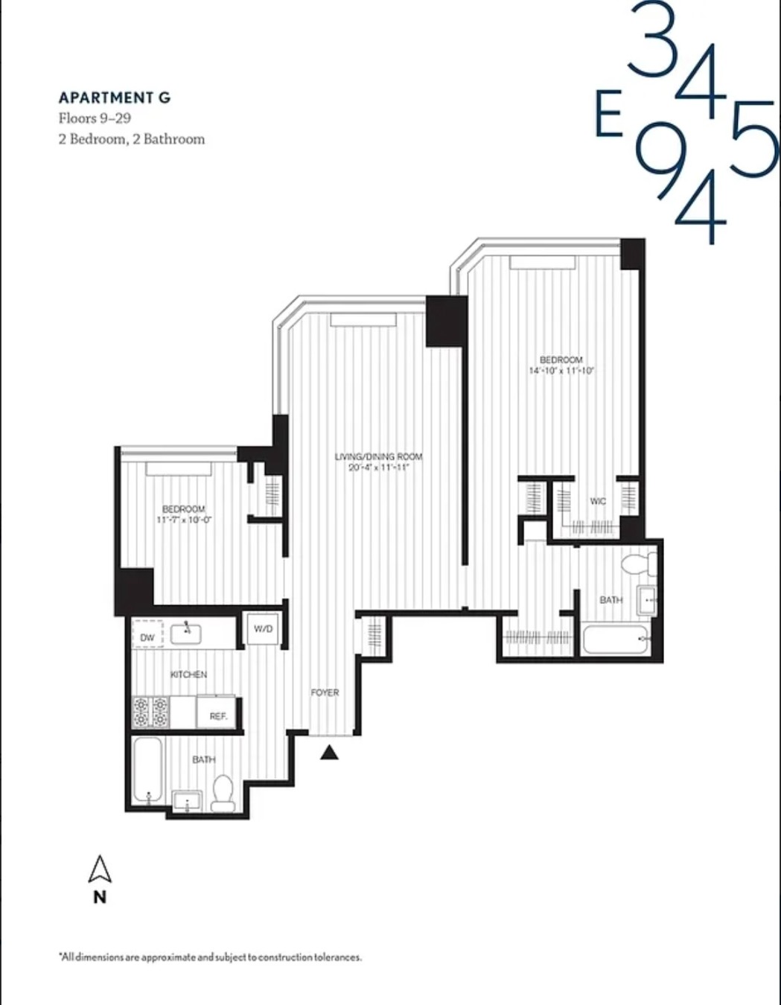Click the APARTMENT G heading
pyautogui.click(x=115, y=98)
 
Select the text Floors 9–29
pyautogui.click(x=95, y=118)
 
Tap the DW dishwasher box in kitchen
pyautogui.click(x=147, y=637)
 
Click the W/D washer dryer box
pyautogui.click(x=263, y=629)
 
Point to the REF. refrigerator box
pyautogui.click(x=217, y=715)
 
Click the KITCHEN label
pyautogui.click(x=188, y=674)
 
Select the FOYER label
pyautogui.click(x=325, y=692)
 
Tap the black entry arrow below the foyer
pyautogui.click(x=330, y=753)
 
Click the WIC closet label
pyautogui.click(x=598, y=501)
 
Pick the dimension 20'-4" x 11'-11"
pyautogui.click(x=379, y=468)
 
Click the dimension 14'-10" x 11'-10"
pyautogui.click(x=561, y=370)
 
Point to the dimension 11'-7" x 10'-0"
pyautogui.click(x=184, y=520)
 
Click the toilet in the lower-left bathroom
pyautogui.click(x=223, y=794)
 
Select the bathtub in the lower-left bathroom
pyautogui.click(x=147, y=770)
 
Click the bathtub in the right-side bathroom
pyautogui.click(x=615, y=639)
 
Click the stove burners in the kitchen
pyautogui.click(x=150, y=712)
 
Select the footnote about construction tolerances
pyautogui.click(x=210, y=957)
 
